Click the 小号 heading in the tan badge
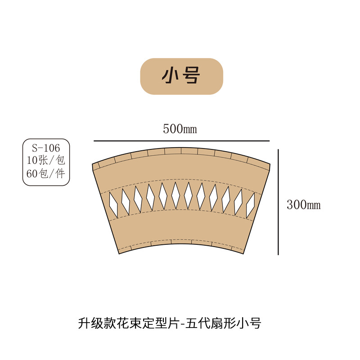(181, 76)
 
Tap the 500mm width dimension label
(180, 130)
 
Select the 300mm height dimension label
(303, 205)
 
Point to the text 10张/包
(46, 159)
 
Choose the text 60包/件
(46, 174)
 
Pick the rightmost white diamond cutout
(251, 203)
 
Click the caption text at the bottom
(169, 323)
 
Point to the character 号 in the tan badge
(191, 76)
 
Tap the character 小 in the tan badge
(171, 76)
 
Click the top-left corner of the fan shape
(92, 164)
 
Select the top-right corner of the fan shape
(270, 165)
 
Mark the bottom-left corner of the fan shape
(119, 254)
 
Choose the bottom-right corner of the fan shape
(243, 254)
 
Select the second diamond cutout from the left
(126, 201)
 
